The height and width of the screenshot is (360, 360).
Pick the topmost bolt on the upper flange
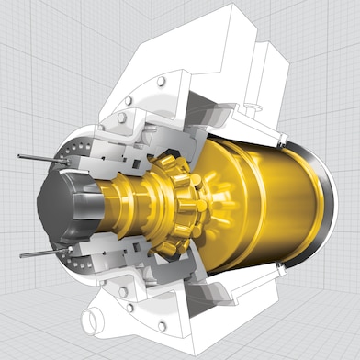(x=162, y=82)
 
